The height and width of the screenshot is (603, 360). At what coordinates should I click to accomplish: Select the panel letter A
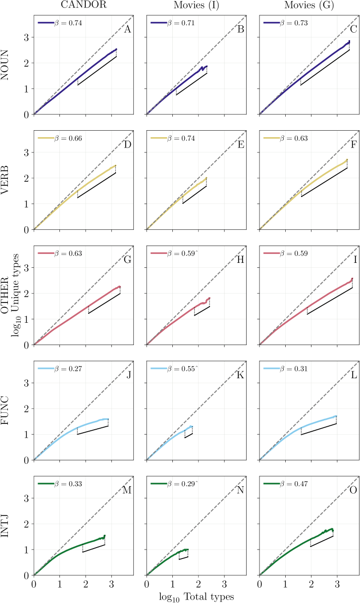(x=127, y=30)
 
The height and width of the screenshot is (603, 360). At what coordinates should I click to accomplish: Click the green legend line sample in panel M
(x=46, y=484)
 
